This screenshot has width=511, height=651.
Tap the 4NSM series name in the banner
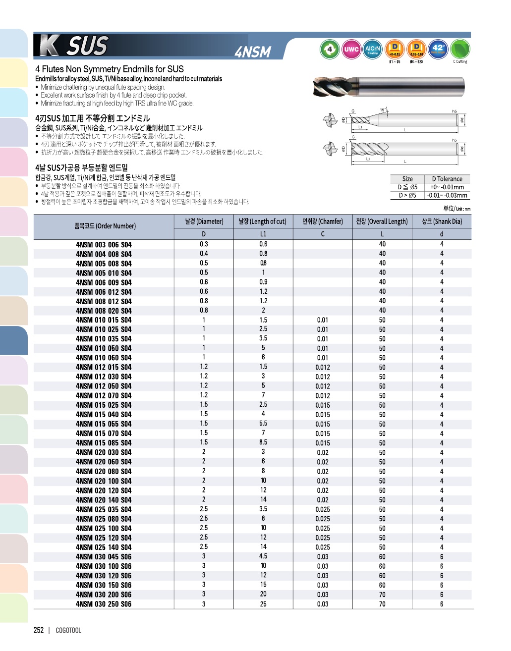coord(253,52)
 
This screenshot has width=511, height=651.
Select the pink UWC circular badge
coord(351,49)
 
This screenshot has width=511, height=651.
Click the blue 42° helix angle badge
coord(438,49)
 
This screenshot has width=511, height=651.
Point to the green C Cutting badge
coord(460,50)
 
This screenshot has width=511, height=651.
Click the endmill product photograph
coord(389,87)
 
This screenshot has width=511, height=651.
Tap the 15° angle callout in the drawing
coord(383,110)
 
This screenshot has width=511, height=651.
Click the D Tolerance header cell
coord(447,179)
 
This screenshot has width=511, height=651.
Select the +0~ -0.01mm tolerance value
coord(447,187)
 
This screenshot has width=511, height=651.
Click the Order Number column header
coord(105,226)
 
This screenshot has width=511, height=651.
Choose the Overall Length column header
coord(382,221)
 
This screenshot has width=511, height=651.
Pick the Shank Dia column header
coord(442,221)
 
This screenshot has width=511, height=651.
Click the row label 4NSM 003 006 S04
coord(104,245)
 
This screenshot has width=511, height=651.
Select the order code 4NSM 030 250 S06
coord(104,604)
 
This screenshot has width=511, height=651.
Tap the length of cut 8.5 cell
coord(263,442)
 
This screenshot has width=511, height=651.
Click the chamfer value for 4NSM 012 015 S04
coord(323,368)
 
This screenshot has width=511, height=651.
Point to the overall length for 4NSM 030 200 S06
coord(382,595)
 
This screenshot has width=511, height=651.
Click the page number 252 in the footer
coord(39,630)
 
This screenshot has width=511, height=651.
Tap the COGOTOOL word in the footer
coord(68,630)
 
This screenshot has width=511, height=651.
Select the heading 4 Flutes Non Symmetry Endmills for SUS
coord(110,69)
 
